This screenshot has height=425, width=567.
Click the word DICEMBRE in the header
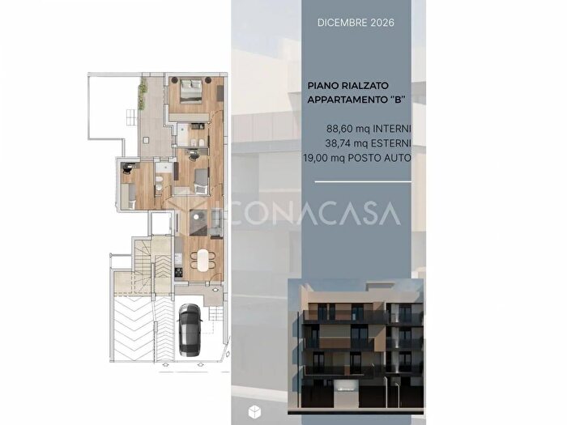pos(342,23)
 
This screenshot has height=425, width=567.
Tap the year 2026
pos(382,23)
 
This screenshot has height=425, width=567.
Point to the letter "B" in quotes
pos(398,100)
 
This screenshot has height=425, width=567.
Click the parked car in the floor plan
pos(190,329)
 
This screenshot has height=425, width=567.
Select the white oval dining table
pos(202,260)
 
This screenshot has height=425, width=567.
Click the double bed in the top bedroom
pos(190,91)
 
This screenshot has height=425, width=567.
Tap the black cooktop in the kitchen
pos(178,271)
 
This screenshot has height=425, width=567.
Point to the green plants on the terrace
pos(143,95)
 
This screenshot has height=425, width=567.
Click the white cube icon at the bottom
pos(254,411)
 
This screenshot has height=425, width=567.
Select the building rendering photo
pos(356,346)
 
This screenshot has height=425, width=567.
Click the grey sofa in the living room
pos(216,223)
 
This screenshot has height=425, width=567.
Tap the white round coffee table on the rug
pos(196,217)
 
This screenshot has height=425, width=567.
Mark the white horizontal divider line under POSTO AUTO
pos(363,182)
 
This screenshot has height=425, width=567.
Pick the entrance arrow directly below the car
pos(199,365)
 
